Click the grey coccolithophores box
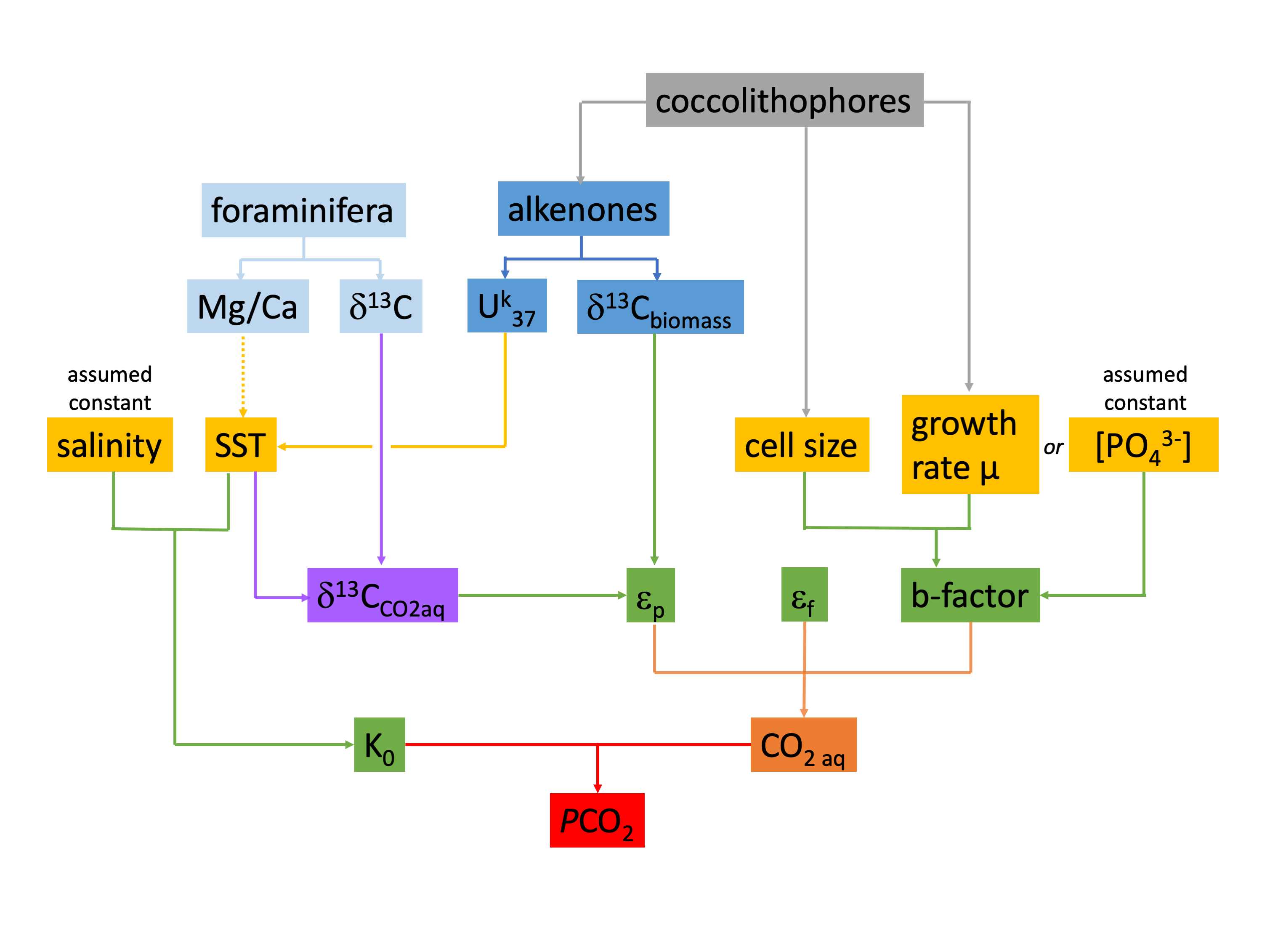coord(784,101)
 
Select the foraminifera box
coord(303,210)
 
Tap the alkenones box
coord(583,209)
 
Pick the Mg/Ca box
coord(247,306)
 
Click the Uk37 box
coord(507,306)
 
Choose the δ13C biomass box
coord(660,307)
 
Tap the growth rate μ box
coord(970,444)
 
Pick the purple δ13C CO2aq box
coord(382,595)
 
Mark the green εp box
coord(651,595)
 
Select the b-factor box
coord(970,595)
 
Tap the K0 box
coord(380,744)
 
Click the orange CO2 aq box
coord(803,744)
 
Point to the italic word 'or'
coord(1053,447)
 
